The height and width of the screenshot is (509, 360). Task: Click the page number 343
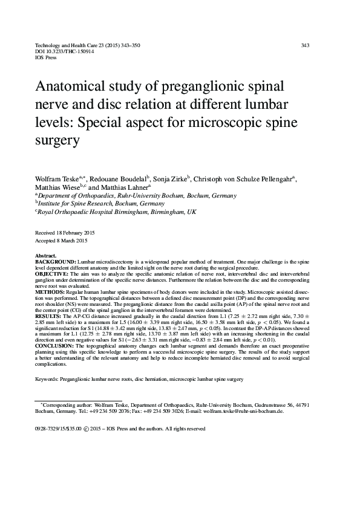[x=305, y=45]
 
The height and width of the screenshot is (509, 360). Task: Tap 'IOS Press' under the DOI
[x=46, y=59]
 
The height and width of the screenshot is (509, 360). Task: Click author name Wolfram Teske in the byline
[x=56, y=180]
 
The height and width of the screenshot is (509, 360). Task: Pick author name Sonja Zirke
[x=171, y=180]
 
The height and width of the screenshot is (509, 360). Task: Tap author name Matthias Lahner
[x=129, y=188]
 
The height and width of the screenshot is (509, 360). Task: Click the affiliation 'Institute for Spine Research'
[x=80, y=204]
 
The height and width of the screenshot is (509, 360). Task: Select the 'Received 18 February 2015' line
[x=65, y=233]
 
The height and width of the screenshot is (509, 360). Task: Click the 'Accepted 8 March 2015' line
[x=61, y=241]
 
